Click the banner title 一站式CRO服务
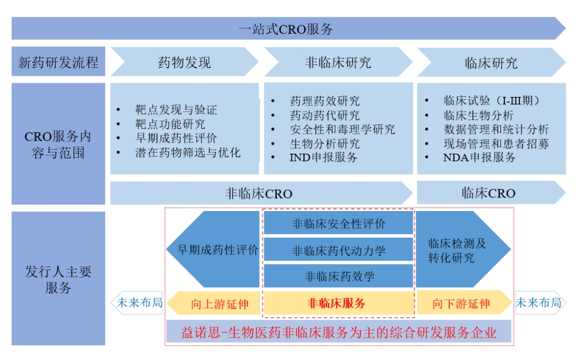click(x=286, y=29)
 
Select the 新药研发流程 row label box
click(x=59, y=61)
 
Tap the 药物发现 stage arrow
click(x=184, y=62)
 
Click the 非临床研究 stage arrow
click(x=338, y=62)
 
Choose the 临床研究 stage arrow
click(x=491, y=63)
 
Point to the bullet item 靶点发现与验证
click(x=176, y=109)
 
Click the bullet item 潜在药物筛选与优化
click(x=188, y=153)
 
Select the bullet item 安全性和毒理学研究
click(x=342, y=129)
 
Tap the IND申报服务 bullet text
click(x=323, y=157)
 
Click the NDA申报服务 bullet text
click(x=480, y=157)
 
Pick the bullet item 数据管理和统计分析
click(x=496, y=129)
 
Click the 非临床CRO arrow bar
click(x=261, y=193)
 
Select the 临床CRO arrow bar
click(x=491, y=193)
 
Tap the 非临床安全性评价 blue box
click(x=339, y=223)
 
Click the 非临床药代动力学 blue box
click(x=339, y=250)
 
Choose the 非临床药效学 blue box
click(x=339, y=276)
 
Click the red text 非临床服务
click(x=336, y=303)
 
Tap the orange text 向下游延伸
click(x=461, y=304)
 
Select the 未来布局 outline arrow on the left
click(x=137, y=303)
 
